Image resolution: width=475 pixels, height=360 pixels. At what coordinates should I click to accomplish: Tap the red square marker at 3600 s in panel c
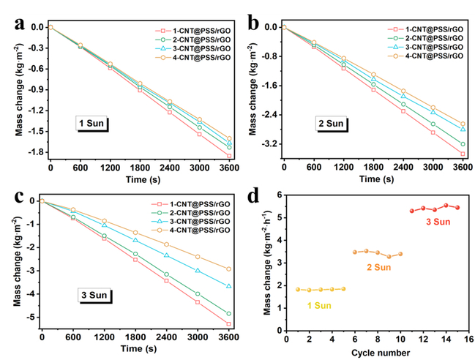[x=229, y=323]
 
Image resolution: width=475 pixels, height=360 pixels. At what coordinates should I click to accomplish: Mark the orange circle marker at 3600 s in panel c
[x=229, y=269]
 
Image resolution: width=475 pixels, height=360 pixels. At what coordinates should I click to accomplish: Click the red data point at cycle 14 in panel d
[x=446, y=206]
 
